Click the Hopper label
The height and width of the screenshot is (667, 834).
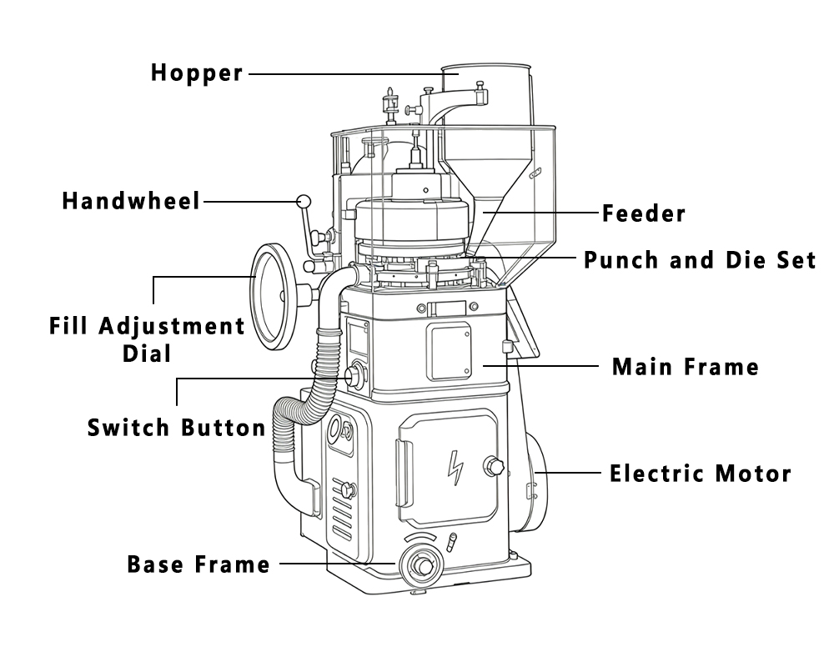[197, 73]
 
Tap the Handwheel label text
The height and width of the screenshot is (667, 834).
[131, 201]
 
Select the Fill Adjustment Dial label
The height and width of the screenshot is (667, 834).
[147, 338]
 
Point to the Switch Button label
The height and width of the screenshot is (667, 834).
[176, 429]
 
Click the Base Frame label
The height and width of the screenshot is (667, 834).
[198, 564]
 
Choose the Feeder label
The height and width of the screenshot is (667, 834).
[644, 213]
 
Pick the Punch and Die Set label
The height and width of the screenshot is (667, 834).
[700, 259]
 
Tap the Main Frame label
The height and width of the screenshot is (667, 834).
[686, 366]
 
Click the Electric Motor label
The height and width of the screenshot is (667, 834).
[700, 474]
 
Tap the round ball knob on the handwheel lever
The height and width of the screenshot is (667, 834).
[304, 201]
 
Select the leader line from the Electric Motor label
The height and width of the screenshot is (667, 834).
[571, 474]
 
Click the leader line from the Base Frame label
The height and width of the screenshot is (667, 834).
[338, 564]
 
